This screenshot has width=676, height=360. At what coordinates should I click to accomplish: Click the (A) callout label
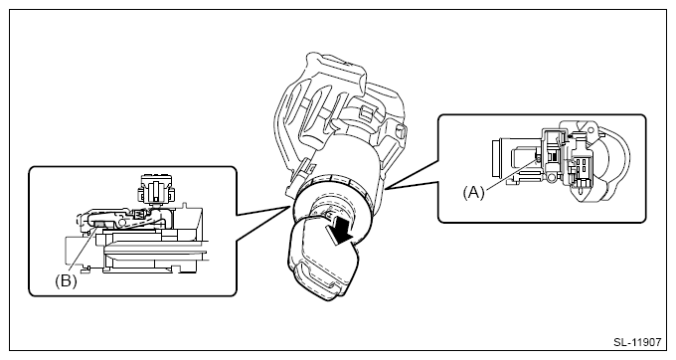[x=473, y=192]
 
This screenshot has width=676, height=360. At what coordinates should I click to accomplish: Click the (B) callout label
[x=66, y=281]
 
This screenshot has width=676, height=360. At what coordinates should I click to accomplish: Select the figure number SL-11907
[x=637, y=342]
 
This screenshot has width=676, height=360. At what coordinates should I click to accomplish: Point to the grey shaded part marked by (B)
[x=98, y=224]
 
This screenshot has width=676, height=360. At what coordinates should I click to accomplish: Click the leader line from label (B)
[x=82, y=251]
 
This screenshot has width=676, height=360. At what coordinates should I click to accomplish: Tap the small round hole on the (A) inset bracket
[x=591, y=129]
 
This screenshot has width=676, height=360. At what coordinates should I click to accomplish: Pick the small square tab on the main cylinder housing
[x=365, y=113]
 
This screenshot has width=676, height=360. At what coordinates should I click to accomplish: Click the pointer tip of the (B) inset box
[x=289, y=207]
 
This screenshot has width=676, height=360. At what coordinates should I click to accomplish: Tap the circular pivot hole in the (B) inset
[x=121, y=222]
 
